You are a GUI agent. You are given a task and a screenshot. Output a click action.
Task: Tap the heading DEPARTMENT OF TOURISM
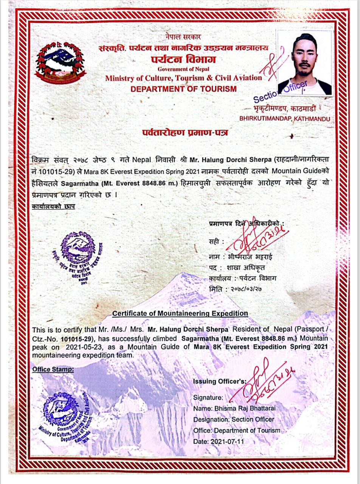(183, 89)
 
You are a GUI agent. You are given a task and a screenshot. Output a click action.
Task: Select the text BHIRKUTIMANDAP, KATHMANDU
(284, 119)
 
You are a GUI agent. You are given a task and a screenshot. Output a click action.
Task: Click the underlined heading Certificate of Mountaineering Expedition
(180, 313)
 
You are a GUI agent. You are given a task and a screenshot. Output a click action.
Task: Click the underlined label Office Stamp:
(53, 369)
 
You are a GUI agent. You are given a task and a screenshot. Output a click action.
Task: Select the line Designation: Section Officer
(234, 419)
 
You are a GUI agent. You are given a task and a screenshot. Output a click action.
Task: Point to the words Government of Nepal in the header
(183, 69)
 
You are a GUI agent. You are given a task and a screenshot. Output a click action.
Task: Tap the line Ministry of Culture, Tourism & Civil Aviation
(183, 78)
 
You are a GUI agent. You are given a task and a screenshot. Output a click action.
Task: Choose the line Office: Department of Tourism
(237, 430)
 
